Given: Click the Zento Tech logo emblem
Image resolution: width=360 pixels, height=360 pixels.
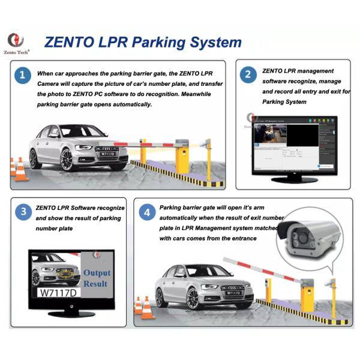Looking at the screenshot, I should [16, 40].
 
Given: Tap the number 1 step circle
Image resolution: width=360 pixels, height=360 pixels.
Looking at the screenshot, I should [22, 76].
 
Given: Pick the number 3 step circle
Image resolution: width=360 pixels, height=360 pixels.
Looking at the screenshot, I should [23, 212].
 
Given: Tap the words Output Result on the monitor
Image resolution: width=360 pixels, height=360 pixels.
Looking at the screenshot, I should [96, 278].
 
